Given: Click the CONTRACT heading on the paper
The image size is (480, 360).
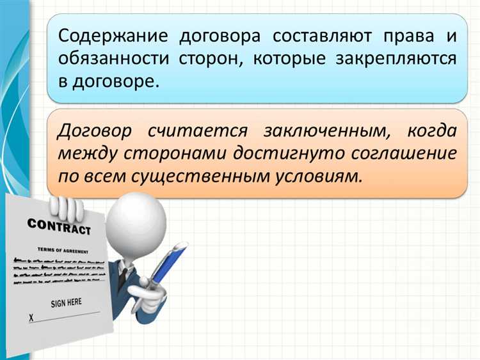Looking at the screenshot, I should pos(58,225).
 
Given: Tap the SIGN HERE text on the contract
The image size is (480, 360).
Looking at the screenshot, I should pos(66,302).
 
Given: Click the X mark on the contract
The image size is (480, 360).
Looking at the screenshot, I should pos(31,318).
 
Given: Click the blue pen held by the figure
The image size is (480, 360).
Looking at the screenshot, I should pos(168,264).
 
